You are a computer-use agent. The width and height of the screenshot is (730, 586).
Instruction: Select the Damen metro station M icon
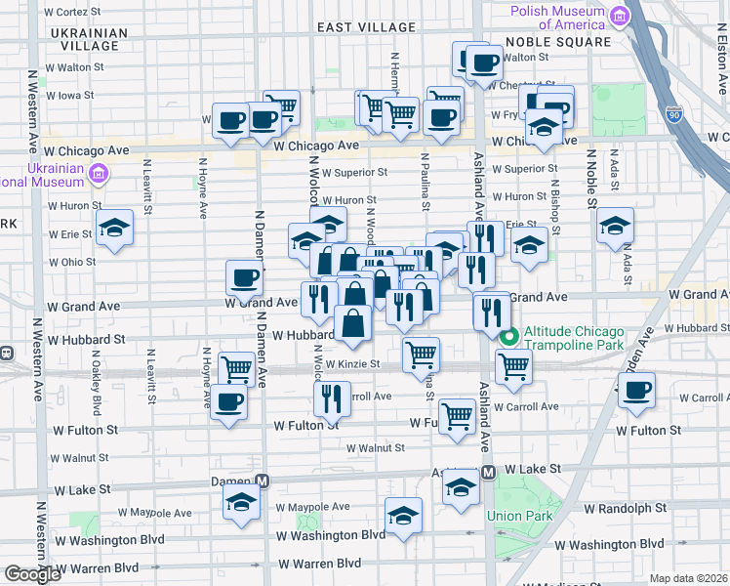coord(262,481)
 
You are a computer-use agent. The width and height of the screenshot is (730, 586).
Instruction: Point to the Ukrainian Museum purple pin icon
coord(98,174)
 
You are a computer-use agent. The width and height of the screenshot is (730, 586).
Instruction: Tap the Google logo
coord(32,574)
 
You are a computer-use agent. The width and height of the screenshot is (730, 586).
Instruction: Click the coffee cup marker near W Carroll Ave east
coord(636,391)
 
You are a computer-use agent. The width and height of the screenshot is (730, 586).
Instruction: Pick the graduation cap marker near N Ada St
coord(615,226)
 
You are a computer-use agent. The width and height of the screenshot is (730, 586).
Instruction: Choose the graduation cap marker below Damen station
coord(240,504)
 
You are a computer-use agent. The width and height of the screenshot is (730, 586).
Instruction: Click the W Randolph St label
coord(631,508)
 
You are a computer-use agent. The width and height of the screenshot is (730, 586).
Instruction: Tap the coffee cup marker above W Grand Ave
coord(244,277)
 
